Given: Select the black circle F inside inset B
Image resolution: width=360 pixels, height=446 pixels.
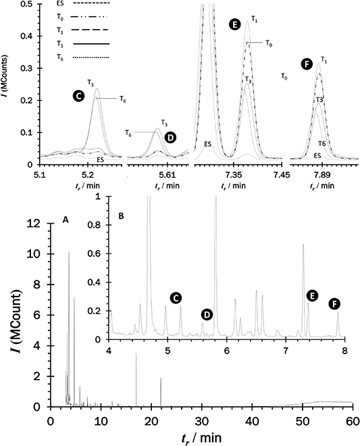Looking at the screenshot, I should (334, 304).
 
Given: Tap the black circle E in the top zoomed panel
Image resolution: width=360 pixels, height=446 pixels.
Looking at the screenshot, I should (234, 25).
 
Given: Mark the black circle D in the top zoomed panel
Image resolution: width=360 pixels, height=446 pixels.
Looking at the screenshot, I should (170, 137).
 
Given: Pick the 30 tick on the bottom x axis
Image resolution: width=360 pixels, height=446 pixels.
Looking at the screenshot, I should (201, 420).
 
